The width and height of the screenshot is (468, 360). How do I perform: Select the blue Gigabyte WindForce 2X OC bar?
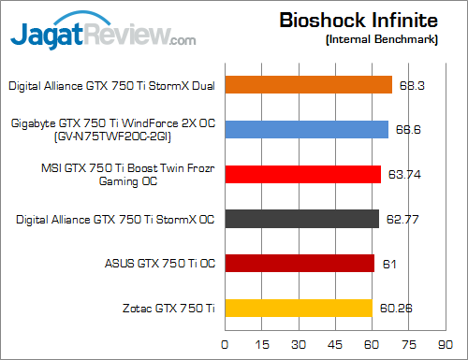[x=306, y=129]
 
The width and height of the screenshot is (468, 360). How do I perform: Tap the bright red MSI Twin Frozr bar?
[x=302, y=175]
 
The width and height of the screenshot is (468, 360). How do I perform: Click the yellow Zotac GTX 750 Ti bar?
[x=298, y=308]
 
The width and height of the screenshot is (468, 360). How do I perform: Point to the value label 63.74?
[x=406, y=175]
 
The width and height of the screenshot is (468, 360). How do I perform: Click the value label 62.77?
[x=405, y=219]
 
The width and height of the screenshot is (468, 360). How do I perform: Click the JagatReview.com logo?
[x=103, y=35]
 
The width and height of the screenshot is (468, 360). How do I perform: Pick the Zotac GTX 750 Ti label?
[x=168, y=308]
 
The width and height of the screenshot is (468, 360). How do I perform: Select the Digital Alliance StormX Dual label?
[x=111, y=85]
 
